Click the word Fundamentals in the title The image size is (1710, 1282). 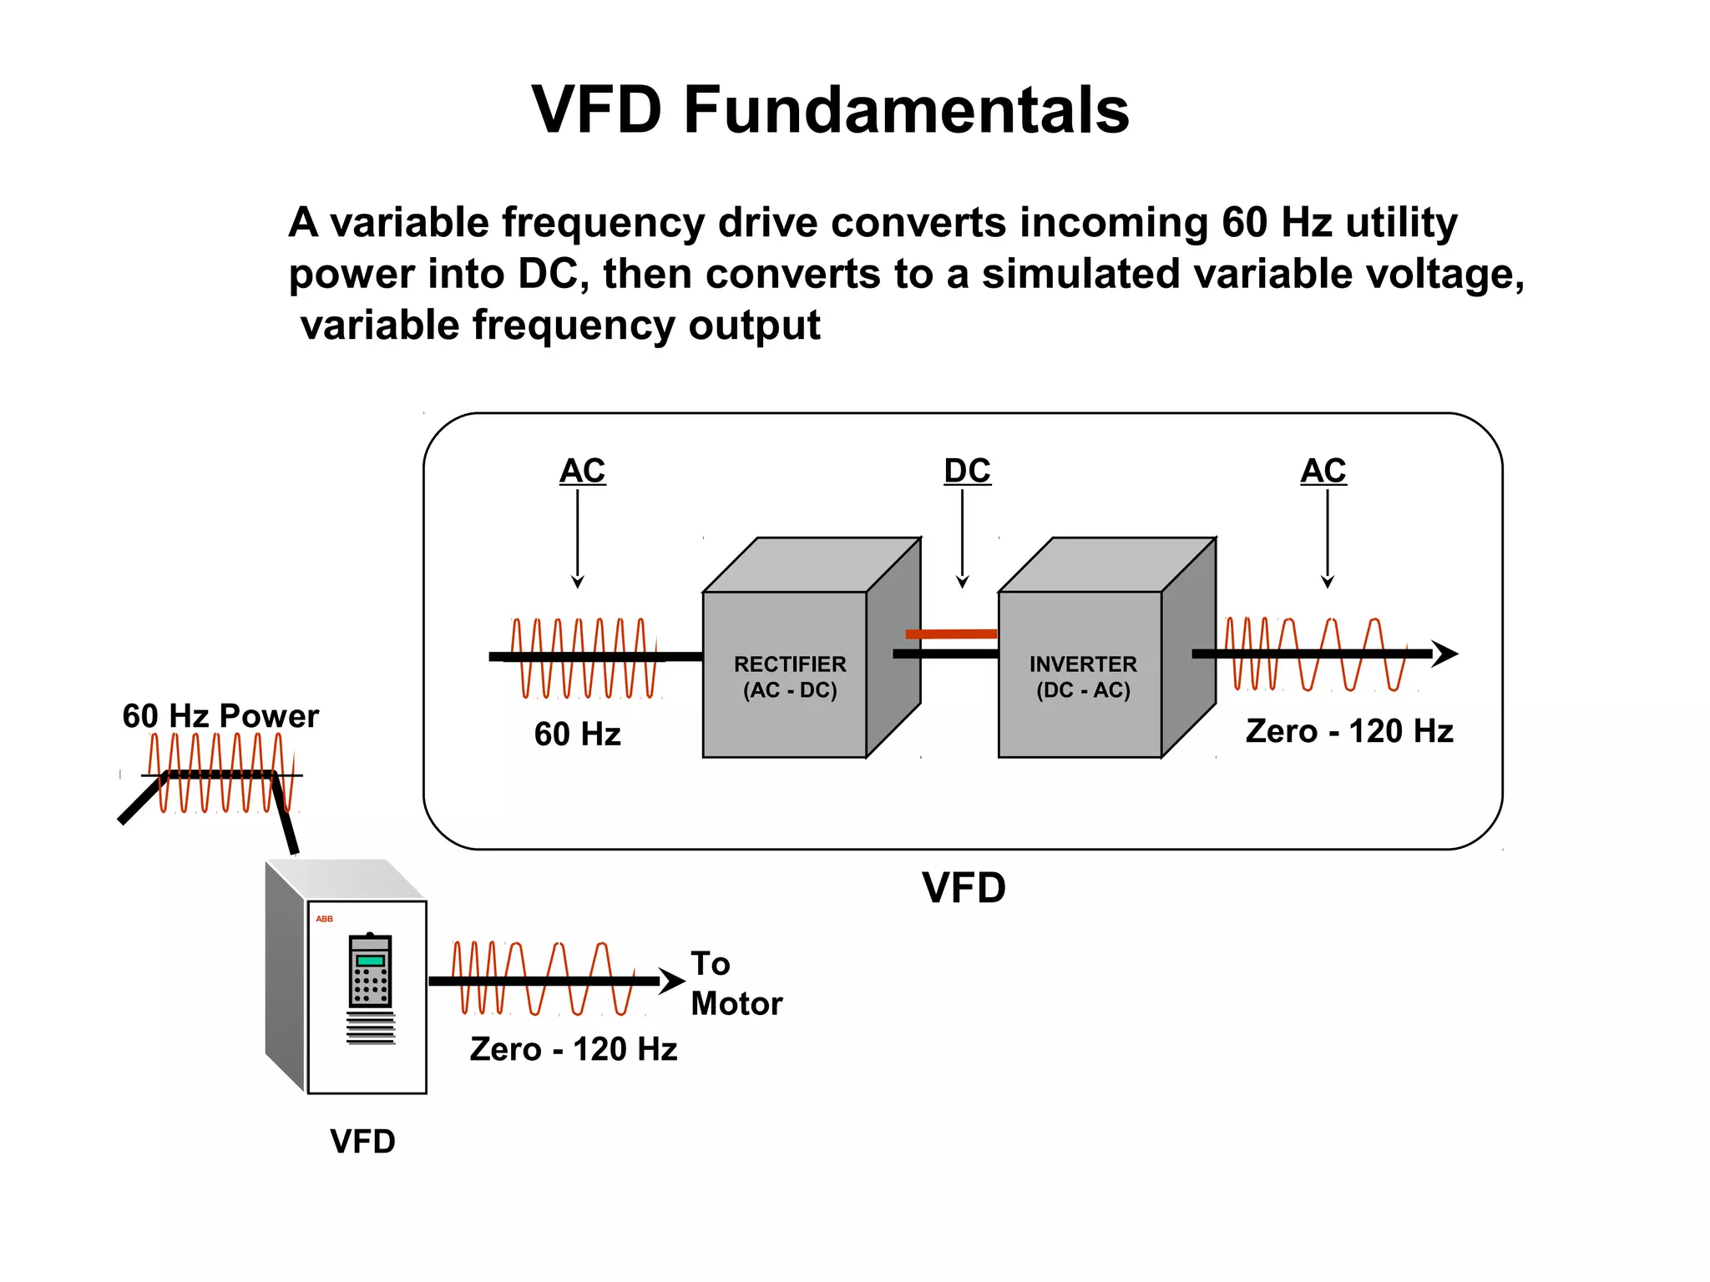(906, 110)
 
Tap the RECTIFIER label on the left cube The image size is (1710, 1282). (790, 664)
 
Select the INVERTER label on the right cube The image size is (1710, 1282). (1083, 664)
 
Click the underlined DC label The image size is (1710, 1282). (967, 472)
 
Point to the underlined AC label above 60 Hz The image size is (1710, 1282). (582, 472)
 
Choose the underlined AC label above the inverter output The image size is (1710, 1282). (1323, 472)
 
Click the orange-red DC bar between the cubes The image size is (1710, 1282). (951, 634)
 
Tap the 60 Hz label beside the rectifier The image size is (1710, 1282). (577, 734)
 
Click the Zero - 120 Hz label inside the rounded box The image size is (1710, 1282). (1349, 731)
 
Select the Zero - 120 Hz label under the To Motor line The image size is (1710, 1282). (574, 1049)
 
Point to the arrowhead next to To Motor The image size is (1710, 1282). (672, 981)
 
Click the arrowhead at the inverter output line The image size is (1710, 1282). (1445, 654)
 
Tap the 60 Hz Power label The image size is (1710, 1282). (220, 716)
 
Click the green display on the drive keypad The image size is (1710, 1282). (370, 961)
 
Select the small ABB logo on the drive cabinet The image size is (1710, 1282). (324, 919)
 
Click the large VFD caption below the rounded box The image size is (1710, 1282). (964, 888)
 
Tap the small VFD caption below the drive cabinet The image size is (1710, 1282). (362, 1142)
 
